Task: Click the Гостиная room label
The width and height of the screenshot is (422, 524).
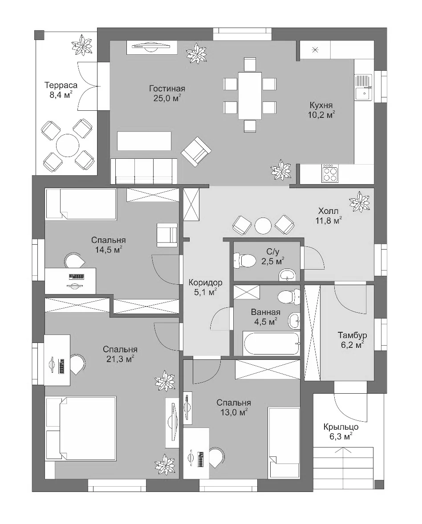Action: point(167,93)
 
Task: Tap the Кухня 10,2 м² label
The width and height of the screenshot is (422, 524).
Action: point(321,110)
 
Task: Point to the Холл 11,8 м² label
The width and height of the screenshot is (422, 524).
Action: point(329,216)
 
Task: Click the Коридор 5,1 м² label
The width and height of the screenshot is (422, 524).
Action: point(205,287)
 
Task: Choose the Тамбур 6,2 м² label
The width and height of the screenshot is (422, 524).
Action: point(352,340)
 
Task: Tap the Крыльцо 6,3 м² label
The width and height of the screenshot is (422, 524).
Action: point(341,431)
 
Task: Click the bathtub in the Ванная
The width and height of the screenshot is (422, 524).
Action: point(271,343)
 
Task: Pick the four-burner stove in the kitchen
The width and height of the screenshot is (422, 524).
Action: point(330,173)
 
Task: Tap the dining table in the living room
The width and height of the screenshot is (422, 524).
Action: point(250,95)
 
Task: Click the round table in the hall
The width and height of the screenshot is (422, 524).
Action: point(263,226)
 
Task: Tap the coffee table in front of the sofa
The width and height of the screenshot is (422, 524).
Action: point(144,141)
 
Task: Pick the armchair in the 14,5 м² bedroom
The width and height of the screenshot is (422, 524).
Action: point(167,235)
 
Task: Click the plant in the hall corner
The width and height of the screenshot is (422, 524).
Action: point(360,201)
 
